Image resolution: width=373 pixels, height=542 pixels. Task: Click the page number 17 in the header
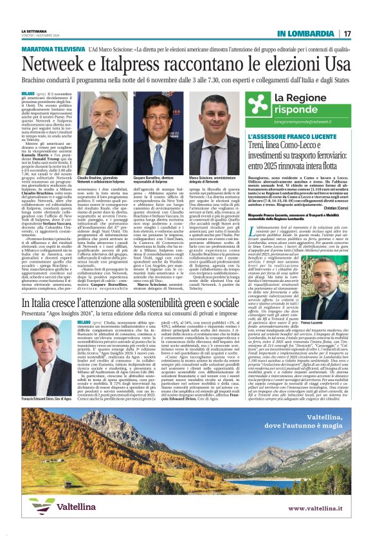(x=347, y=33)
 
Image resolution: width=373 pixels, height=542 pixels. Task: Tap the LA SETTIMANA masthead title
(x=34, y=31)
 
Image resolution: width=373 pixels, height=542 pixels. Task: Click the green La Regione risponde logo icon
(x=260, y=106)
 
